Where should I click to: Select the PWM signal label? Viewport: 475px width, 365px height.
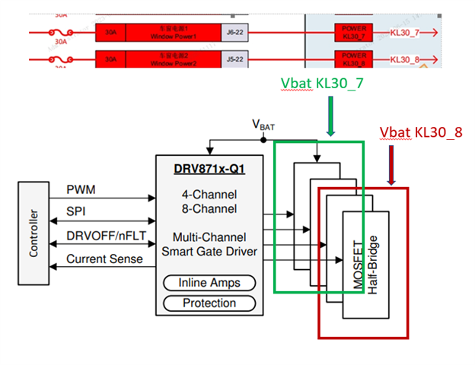click(81, 189)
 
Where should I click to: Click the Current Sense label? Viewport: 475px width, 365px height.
click(104, 259)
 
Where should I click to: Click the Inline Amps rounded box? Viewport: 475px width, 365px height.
click(209, 283)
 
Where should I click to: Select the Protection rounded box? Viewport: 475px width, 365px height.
click(209, 303)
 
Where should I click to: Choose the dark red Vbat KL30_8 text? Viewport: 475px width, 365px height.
click(421, 132)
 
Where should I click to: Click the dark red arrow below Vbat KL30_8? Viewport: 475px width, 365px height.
click(391, 165)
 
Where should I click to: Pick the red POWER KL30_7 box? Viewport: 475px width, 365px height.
click(353, 33)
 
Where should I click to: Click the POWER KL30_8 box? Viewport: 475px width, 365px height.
click(353, 59)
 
